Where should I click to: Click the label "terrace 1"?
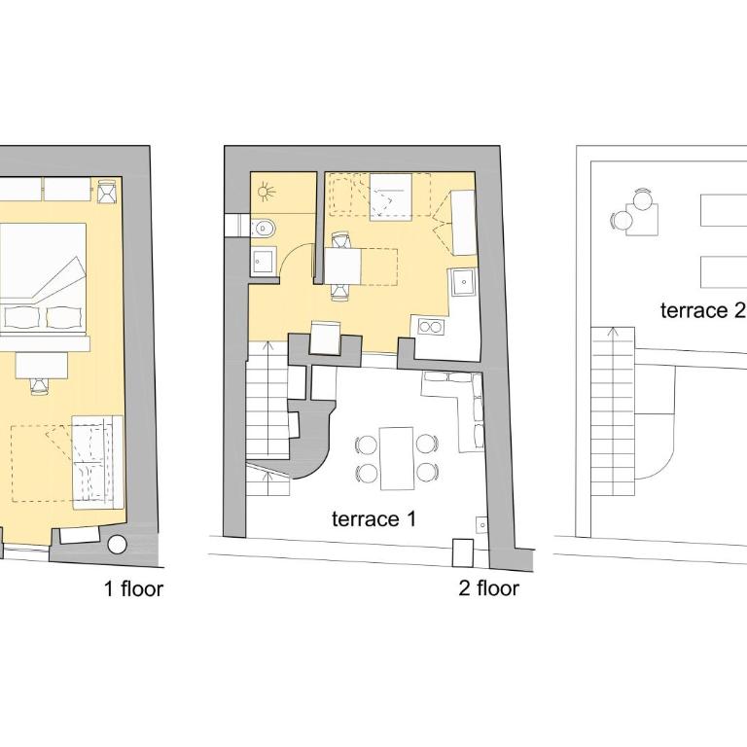373,518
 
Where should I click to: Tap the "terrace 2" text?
701,310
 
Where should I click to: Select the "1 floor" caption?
134,588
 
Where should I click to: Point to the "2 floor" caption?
489,588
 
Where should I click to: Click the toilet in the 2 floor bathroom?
263,229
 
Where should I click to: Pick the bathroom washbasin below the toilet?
263,260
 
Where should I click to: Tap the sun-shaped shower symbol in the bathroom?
266,193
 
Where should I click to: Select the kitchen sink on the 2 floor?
463,281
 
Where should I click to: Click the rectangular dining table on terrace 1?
397,458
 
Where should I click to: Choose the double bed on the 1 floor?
43,277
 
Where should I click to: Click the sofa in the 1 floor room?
97,461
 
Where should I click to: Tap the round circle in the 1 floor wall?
117,545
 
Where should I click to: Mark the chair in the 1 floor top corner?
107,192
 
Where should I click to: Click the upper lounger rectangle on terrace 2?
724,210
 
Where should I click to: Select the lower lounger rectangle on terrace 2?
724,272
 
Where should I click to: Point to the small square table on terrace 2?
642,219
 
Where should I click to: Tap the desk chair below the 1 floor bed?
40,385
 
